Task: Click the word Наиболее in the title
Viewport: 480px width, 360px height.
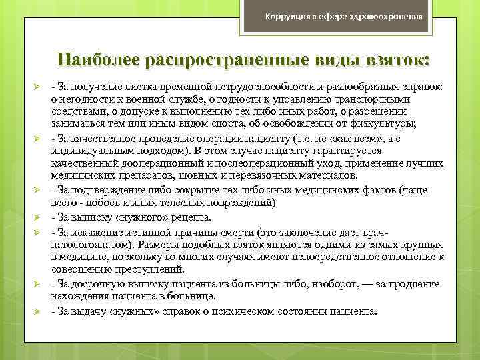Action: coord(95,59)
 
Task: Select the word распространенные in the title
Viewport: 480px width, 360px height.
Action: coord(220,59)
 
